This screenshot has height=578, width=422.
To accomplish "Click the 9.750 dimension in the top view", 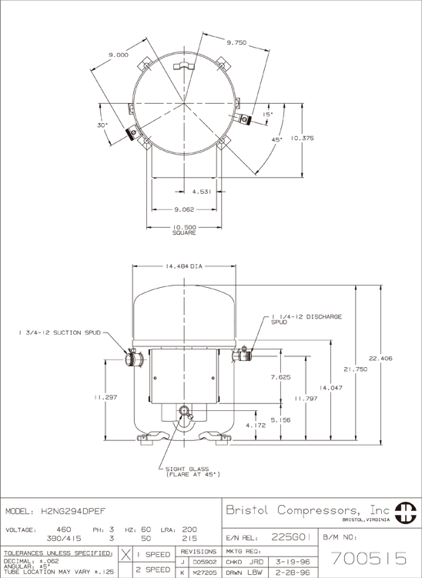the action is pos(236,43).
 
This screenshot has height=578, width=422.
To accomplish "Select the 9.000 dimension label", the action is pos(119,55).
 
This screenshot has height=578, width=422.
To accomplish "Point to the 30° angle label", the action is pos(102,125).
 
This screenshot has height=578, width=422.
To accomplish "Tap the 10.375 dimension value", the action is pos(302,139).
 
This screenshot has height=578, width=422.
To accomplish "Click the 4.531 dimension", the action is pos(202,192).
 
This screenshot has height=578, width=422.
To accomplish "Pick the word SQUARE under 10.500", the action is pos(184,233).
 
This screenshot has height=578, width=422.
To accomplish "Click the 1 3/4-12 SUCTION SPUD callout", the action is pos(60,332).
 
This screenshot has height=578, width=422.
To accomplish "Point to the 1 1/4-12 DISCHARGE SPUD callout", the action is pos(306,319).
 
